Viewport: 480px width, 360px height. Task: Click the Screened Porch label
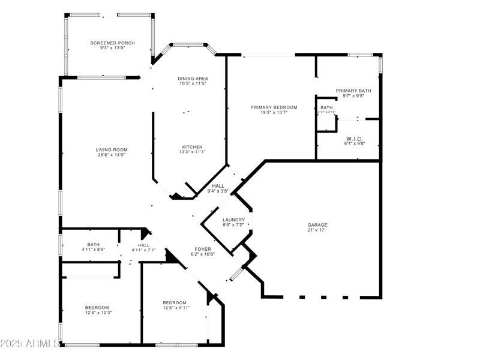(113, 43)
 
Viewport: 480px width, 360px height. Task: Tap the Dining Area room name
(193, 79)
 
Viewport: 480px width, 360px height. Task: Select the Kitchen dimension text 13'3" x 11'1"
(193, 152)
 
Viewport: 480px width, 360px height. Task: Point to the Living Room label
(112, 149)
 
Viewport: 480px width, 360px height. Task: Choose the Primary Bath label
(353, 91)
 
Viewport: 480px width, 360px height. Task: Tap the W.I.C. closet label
(354, 139)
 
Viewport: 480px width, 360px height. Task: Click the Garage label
(317, 225)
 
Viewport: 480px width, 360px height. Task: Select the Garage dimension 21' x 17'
(317, 230)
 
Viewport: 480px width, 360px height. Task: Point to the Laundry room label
(233, 220)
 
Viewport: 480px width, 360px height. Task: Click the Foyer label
(202, 248)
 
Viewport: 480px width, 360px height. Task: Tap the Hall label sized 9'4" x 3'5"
(218, 186)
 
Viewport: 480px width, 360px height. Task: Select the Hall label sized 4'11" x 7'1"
(144, 245)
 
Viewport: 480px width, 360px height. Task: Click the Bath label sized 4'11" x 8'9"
(94, 244)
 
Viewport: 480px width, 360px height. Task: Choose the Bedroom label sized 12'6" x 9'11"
(175, 302)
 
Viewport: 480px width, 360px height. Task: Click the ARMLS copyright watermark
(30, 344)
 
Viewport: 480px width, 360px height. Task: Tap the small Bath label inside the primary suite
(326, 108)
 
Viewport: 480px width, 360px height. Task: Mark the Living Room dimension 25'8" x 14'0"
(112, 155)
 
